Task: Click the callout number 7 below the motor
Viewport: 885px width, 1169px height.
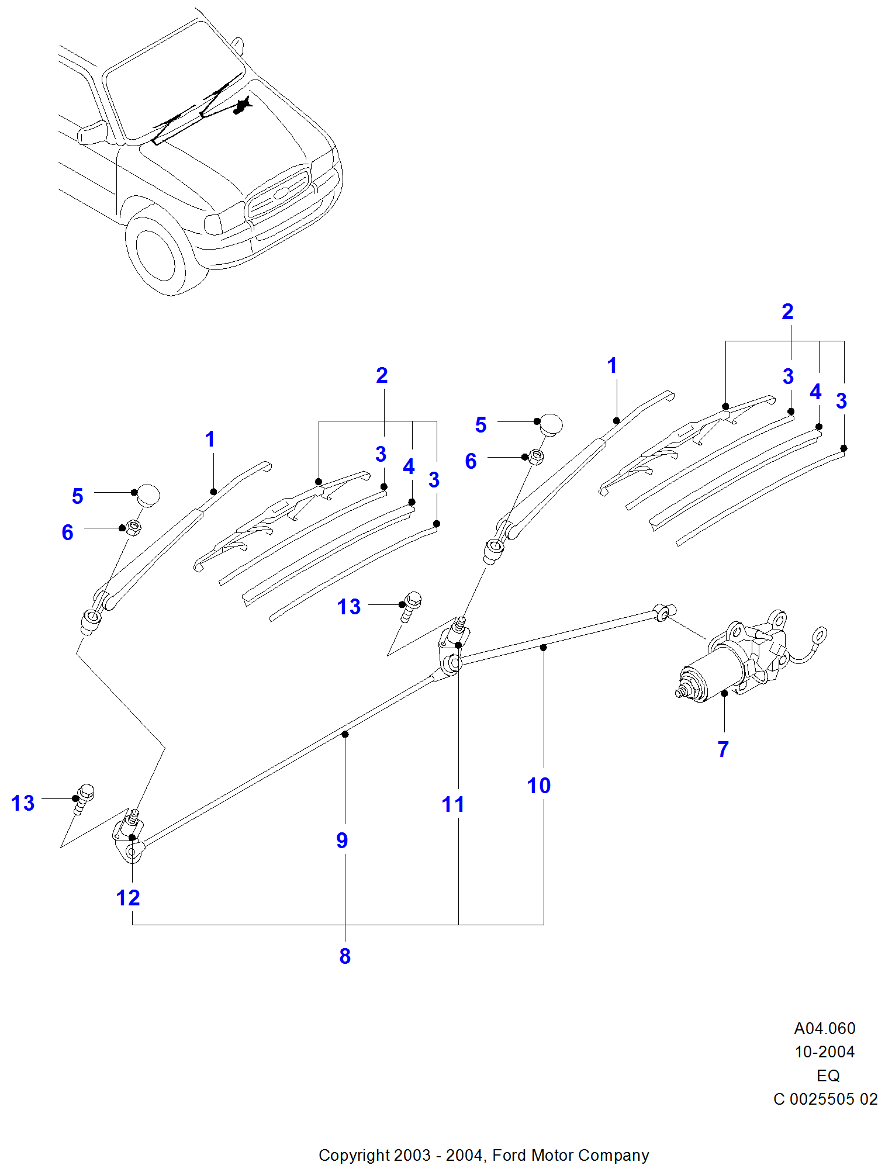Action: [723, 749]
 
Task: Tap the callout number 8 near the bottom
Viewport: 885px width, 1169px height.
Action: [345, 956]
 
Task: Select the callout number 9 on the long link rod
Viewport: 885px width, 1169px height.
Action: [342, 841]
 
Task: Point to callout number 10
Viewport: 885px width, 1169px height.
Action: [538, 786]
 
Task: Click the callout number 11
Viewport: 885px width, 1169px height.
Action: [453, 804]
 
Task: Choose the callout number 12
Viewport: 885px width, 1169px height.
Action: [128, 898]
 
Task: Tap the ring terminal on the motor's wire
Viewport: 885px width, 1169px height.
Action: [820, 635]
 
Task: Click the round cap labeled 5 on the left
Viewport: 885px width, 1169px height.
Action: [148, 495]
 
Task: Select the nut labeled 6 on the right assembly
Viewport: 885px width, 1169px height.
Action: [536, 456]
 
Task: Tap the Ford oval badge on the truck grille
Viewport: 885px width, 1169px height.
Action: [282, 192]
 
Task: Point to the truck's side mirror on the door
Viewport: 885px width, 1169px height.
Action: [92, 132]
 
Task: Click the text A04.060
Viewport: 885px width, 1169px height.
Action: [824, 1028]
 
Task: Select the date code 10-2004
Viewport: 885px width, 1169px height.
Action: [824, 1052]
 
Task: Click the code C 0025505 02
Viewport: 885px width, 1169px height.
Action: [825, 1099]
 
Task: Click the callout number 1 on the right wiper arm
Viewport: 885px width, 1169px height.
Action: [612, 366]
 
